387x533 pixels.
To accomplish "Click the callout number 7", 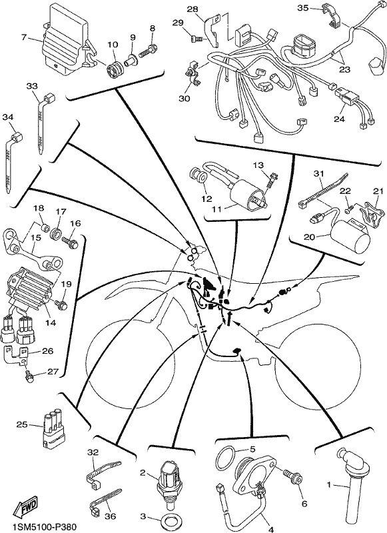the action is click(24, 37).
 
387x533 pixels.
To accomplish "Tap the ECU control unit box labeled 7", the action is click(69, 41).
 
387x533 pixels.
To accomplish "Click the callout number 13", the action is click(258, 165).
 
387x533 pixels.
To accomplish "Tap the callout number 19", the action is click(67, 284).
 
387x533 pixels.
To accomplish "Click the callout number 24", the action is click(339, 119).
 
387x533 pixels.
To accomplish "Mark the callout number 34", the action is click(9, 117).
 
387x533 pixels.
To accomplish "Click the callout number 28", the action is click(193, 9).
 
